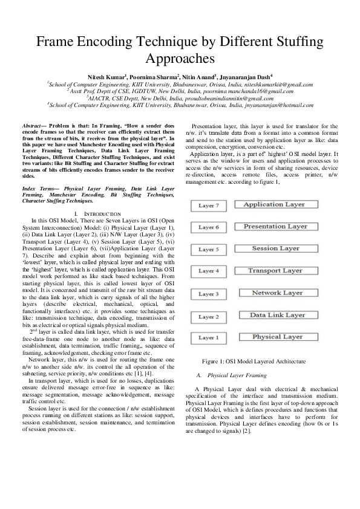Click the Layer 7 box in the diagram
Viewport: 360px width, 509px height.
(x=208, y=206)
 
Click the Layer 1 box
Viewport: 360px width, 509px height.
(x=208, y=338)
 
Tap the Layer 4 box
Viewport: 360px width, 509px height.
(x=208, y=271)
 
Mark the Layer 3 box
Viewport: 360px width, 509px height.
(x=208, y=294)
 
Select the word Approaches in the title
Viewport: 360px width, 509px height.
(x=180, y=59)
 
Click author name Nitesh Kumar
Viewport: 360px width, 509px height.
(x=106, y=77)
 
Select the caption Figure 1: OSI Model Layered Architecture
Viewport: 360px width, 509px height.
(x=254, y=361)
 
